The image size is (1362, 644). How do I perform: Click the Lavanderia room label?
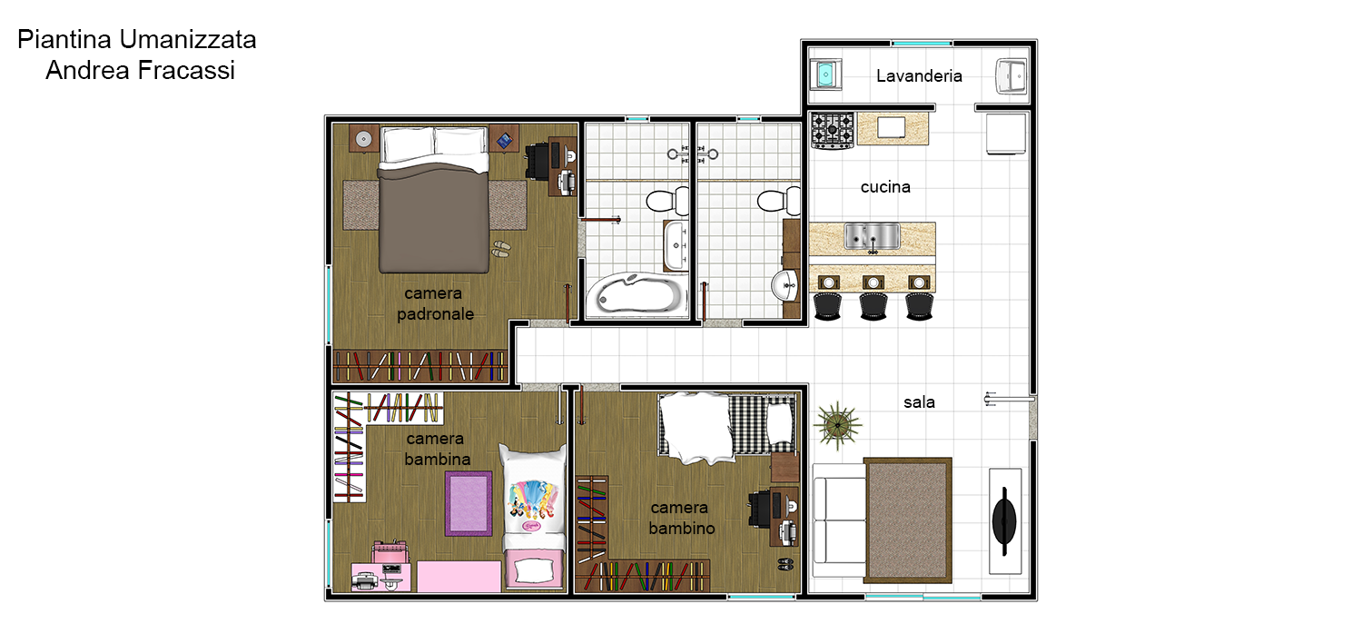pyautogui.click(x=919, y=76)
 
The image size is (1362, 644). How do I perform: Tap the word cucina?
pyautogui.click(x=885, y=187)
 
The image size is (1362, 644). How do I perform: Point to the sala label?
pyautogui.click(x=919, y=402)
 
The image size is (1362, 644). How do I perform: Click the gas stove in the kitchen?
pyautogui.click(x=833, y=130)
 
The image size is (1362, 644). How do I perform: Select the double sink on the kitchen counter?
pyautogui.click(x=872, y=236)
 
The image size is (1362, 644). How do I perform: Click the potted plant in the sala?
pyautogui.click(x=838, y=424)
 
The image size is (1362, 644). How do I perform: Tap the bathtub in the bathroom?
pyautogui.click(x=637, y=293)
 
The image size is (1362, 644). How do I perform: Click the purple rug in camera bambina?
pyautogui.click(x=469, y=503)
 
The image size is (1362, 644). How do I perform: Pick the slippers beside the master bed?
pyautogui.click(x=501, y=249)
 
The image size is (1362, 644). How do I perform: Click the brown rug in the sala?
pyautogui.click(x=908, y=520)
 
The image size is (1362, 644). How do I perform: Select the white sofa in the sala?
pyautogui.click(x=839, y=520)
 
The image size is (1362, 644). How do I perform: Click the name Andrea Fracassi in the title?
pyautogui.click(x=140, y=70)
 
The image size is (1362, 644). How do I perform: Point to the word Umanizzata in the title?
pyautogui.click(x=188, y=40)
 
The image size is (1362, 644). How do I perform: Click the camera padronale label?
pyautogui.click(x=435, y=303)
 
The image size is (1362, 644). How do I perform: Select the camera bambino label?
pyautogui.click(x=681, y=518)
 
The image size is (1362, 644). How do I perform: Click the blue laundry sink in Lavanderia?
pyautogui.click(x=825, y=74)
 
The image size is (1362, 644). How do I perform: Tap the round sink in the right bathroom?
pyautogui.click(x=785, y=284)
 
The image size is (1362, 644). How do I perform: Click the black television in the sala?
pyautogui.click(x=1004, y=521)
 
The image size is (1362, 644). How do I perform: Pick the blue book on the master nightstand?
pyautogui.click(x=504, y=141)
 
